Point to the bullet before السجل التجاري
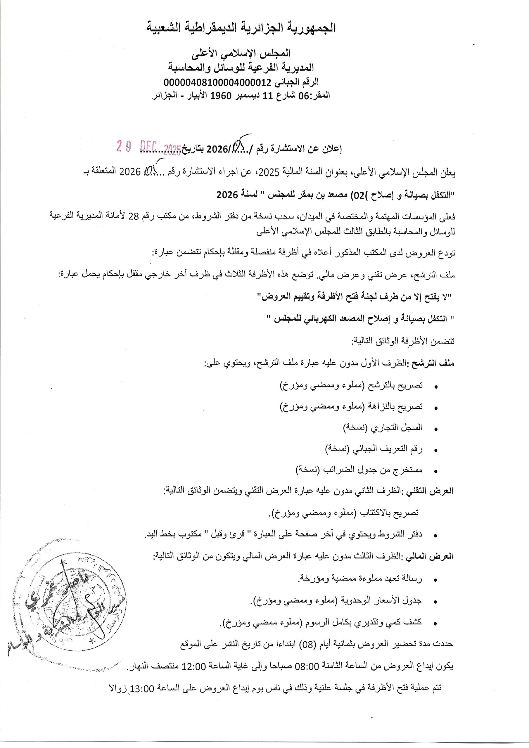pos(436,429)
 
